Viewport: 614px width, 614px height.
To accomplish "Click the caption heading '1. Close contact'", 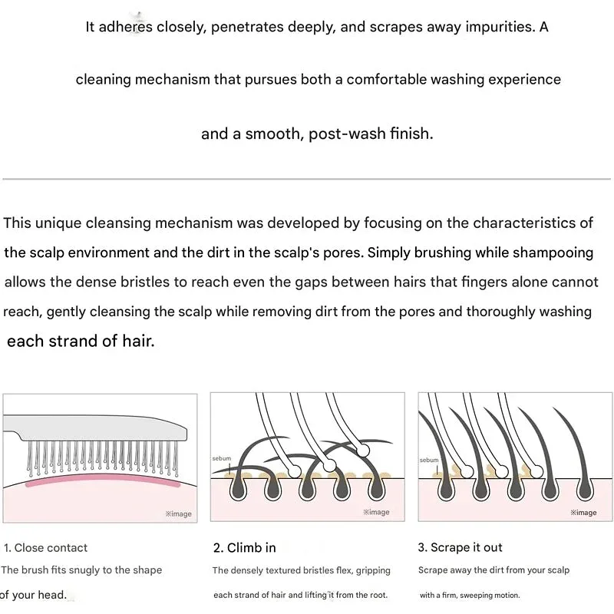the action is [x=45, y=547].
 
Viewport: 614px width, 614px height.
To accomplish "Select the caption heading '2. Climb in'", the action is [x=245, y=547].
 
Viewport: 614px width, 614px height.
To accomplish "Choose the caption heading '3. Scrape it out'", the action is [x=460, y=547].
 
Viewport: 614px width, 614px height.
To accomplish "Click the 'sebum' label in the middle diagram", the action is [x=222, y=458].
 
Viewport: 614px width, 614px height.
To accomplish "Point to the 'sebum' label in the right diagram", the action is [x=429, y=460].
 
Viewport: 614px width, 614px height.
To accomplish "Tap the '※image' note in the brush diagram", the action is [x=179, y=513].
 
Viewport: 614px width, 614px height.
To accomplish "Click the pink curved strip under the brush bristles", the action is [x=103, y=479].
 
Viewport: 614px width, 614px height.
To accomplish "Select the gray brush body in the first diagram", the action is [x=96, y=427].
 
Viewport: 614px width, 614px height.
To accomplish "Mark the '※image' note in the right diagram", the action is [x=583, y=512].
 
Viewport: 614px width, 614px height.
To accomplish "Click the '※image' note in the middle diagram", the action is [x=376, y=512].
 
